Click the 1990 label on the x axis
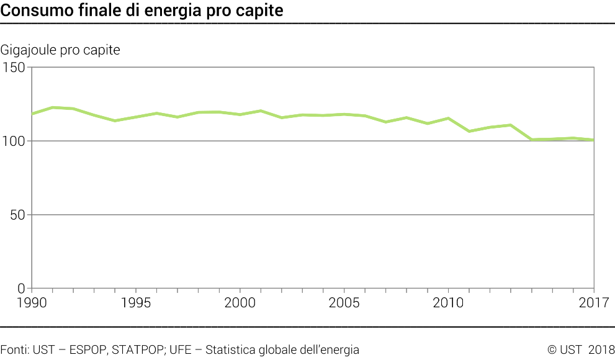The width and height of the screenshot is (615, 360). tap(32, 303)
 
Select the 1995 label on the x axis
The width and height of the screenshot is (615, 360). tap(136, 303)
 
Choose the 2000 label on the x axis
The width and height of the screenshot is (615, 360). tap(240, 303)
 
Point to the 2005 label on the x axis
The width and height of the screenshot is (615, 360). tap(344, 303)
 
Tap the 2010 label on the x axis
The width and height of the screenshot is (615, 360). tap(448, 303)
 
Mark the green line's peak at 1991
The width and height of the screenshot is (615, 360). tap(53, 107)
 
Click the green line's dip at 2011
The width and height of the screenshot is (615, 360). tap(469, 132)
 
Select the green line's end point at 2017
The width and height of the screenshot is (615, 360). tap(594, 140)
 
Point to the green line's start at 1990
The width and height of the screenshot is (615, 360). tap(32, 114)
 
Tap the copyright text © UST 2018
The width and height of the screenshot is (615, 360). tap(581, 350)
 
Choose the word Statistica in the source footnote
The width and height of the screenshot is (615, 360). tap(233, 350)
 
